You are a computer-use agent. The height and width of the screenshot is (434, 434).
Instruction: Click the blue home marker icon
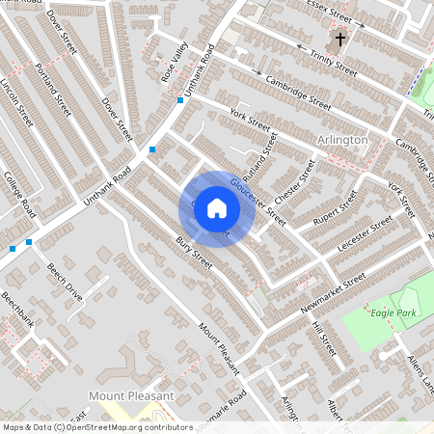coord(216,207)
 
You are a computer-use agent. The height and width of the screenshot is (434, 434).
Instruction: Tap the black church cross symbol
coord(339,41)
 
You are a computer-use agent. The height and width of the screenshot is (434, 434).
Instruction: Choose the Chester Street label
coord(295,180)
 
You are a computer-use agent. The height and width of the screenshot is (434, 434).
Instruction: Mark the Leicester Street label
coord(366,235)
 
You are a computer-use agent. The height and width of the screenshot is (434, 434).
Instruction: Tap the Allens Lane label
coord(420,372)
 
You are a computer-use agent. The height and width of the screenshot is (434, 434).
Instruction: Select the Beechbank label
coord(17,311)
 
